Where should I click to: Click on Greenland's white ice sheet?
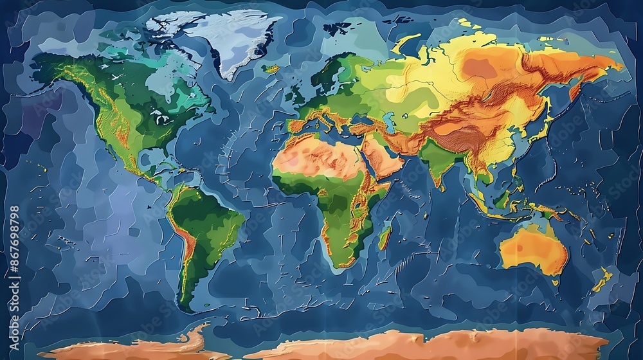pos(219,39)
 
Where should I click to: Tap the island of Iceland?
pos(272,68)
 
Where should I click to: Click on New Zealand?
pos(602,280)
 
